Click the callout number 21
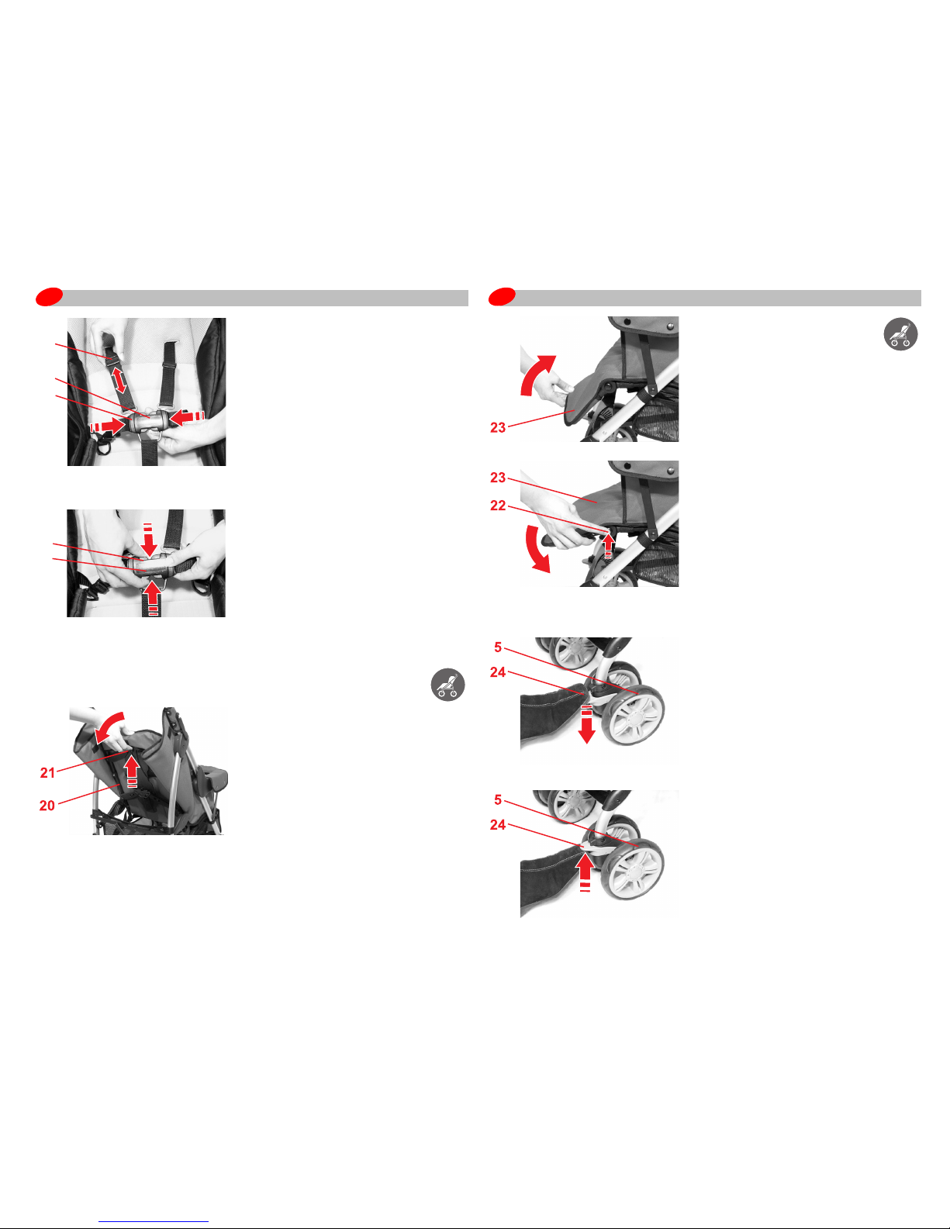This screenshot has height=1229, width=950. click(x=47, y=772)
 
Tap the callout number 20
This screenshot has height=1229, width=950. click(x=47, y=806)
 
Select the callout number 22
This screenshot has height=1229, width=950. click(x=498, y=506)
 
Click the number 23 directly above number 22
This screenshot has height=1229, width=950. click(x=498, y=478)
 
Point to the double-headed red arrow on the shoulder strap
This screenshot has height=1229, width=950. click(x=119, y=379)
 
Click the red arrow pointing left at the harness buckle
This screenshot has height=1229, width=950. click(x=187, y=418)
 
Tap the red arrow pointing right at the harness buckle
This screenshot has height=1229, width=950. click(x=108, y=426)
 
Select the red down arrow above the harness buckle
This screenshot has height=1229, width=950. click(x=148, y=540)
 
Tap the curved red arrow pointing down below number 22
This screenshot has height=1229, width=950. click(x=536, y=550)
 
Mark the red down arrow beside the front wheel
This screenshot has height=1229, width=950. click(x=587, y=724)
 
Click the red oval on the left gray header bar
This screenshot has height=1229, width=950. click(x=49, y=297)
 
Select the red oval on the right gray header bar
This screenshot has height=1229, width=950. click(x=503, y=297)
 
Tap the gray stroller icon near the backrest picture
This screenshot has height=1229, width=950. click(x=448, y=685)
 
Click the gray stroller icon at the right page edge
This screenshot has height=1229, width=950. click(x=900, y=333)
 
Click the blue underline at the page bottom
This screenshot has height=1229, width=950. click(x=154, y=1222)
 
